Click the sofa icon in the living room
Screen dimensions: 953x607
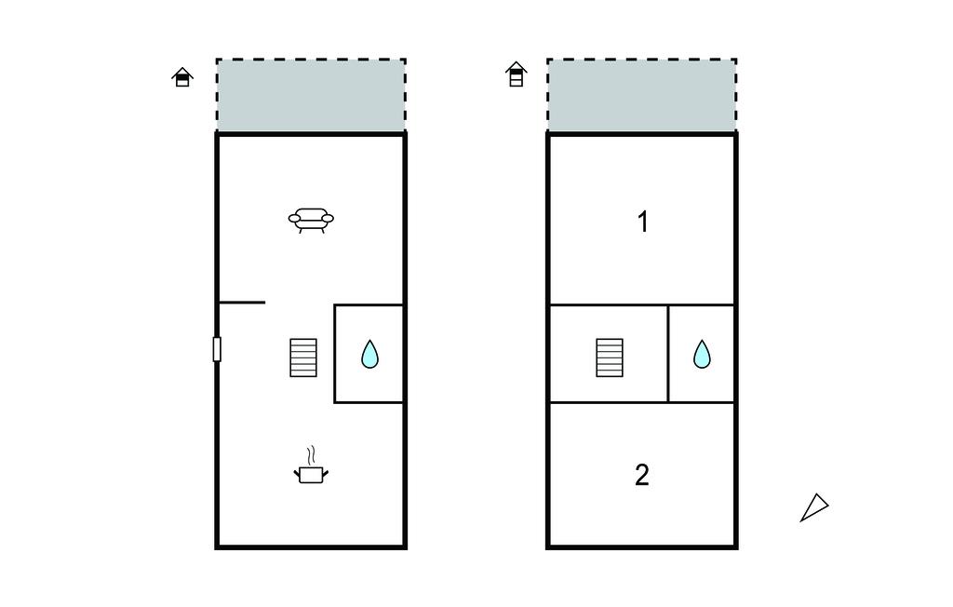click(x=311, y=220)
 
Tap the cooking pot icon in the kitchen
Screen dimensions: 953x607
click(x=311, y=473)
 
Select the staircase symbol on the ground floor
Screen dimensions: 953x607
click(x=303, y=357)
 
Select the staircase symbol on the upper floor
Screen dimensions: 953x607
click(x=610, y=357)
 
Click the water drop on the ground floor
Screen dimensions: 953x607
click(x=369, y=355)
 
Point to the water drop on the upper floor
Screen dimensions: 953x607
click(x=702, y=355)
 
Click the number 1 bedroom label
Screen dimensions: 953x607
click(x=643, y=222)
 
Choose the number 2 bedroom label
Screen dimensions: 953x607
click(x=642, y=475)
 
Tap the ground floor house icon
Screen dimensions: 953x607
click(x=182, y=77)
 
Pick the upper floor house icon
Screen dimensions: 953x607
click(x=516, y=74)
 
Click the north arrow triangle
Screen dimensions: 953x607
click(x=814, y=507)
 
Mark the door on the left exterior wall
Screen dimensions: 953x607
click(x=217, y=349)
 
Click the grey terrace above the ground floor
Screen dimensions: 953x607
click(x=311, y=96)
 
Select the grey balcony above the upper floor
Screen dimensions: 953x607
click(x=642, y=96)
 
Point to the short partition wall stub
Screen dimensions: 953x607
click(x=242, y=303)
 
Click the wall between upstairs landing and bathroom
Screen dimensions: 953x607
click(x=668, y=354)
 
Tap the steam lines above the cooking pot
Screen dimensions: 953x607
click(x=311, y=455)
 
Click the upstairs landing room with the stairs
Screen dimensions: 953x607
click(x=609, y=354)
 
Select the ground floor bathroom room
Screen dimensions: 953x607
click(x=369, y=354)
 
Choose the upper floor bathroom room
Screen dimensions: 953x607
click(x=702, y=354)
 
